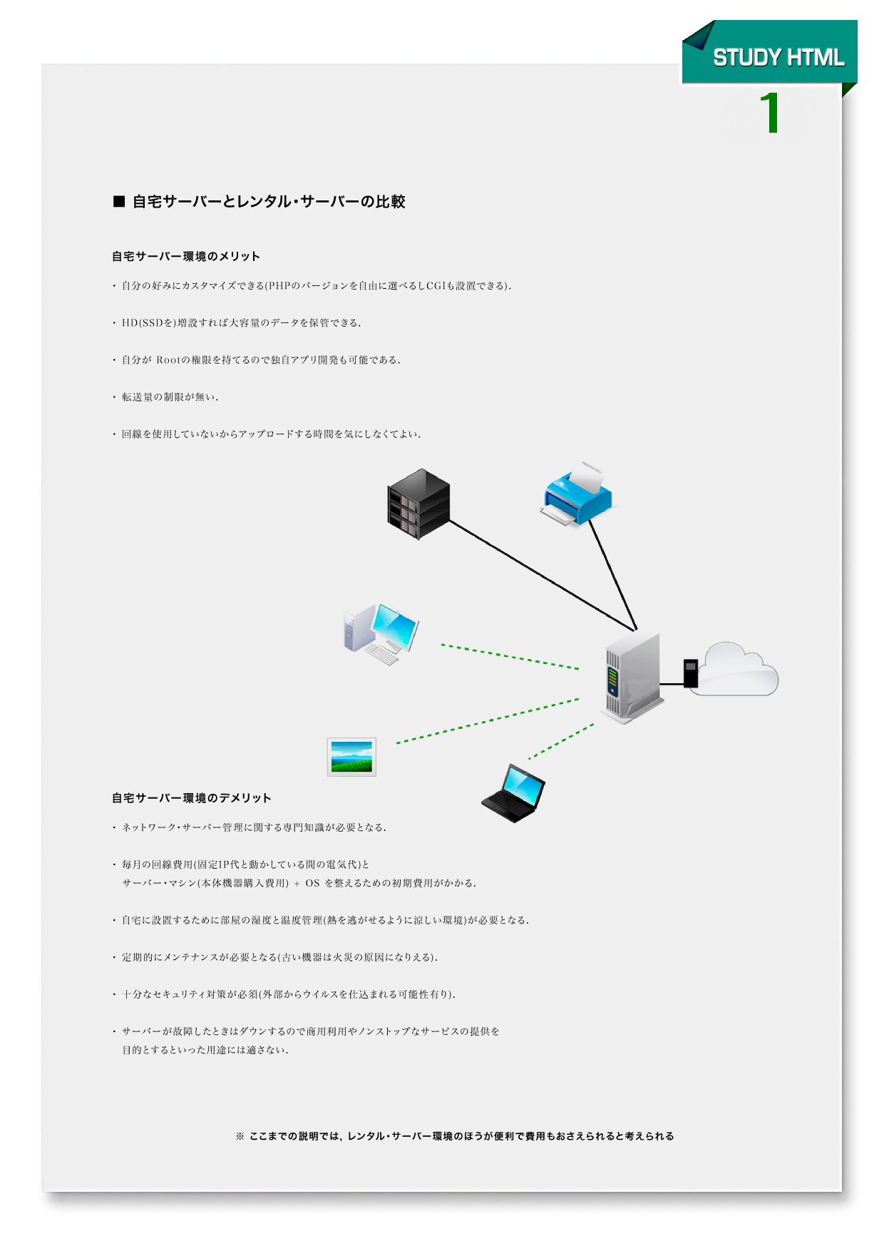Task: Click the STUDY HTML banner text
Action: point(778,58)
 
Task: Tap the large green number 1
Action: point(770,113)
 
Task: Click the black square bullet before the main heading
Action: point(119,201)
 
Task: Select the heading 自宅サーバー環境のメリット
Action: point(186,257)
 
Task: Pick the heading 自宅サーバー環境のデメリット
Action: point(192,798)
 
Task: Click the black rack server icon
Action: point(418,504)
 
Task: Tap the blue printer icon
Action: point(576,494)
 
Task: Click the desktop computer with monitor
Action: point(381,633)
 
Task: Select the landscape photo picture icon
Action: point(351,757)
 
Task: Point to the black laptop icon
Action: point(513,793)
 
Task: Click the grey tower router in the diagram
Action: point(633,678)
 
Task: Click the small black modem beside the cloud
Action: point(690,673)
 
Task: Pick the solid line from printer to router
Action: point(612,575)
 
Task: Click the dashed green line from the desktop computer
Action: point(510,657)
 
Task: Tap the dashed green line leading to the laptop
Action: point(561,741)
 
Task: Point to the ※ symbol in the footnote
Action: point(240,1136)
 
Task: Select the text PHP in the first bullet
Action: point(279,286)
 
